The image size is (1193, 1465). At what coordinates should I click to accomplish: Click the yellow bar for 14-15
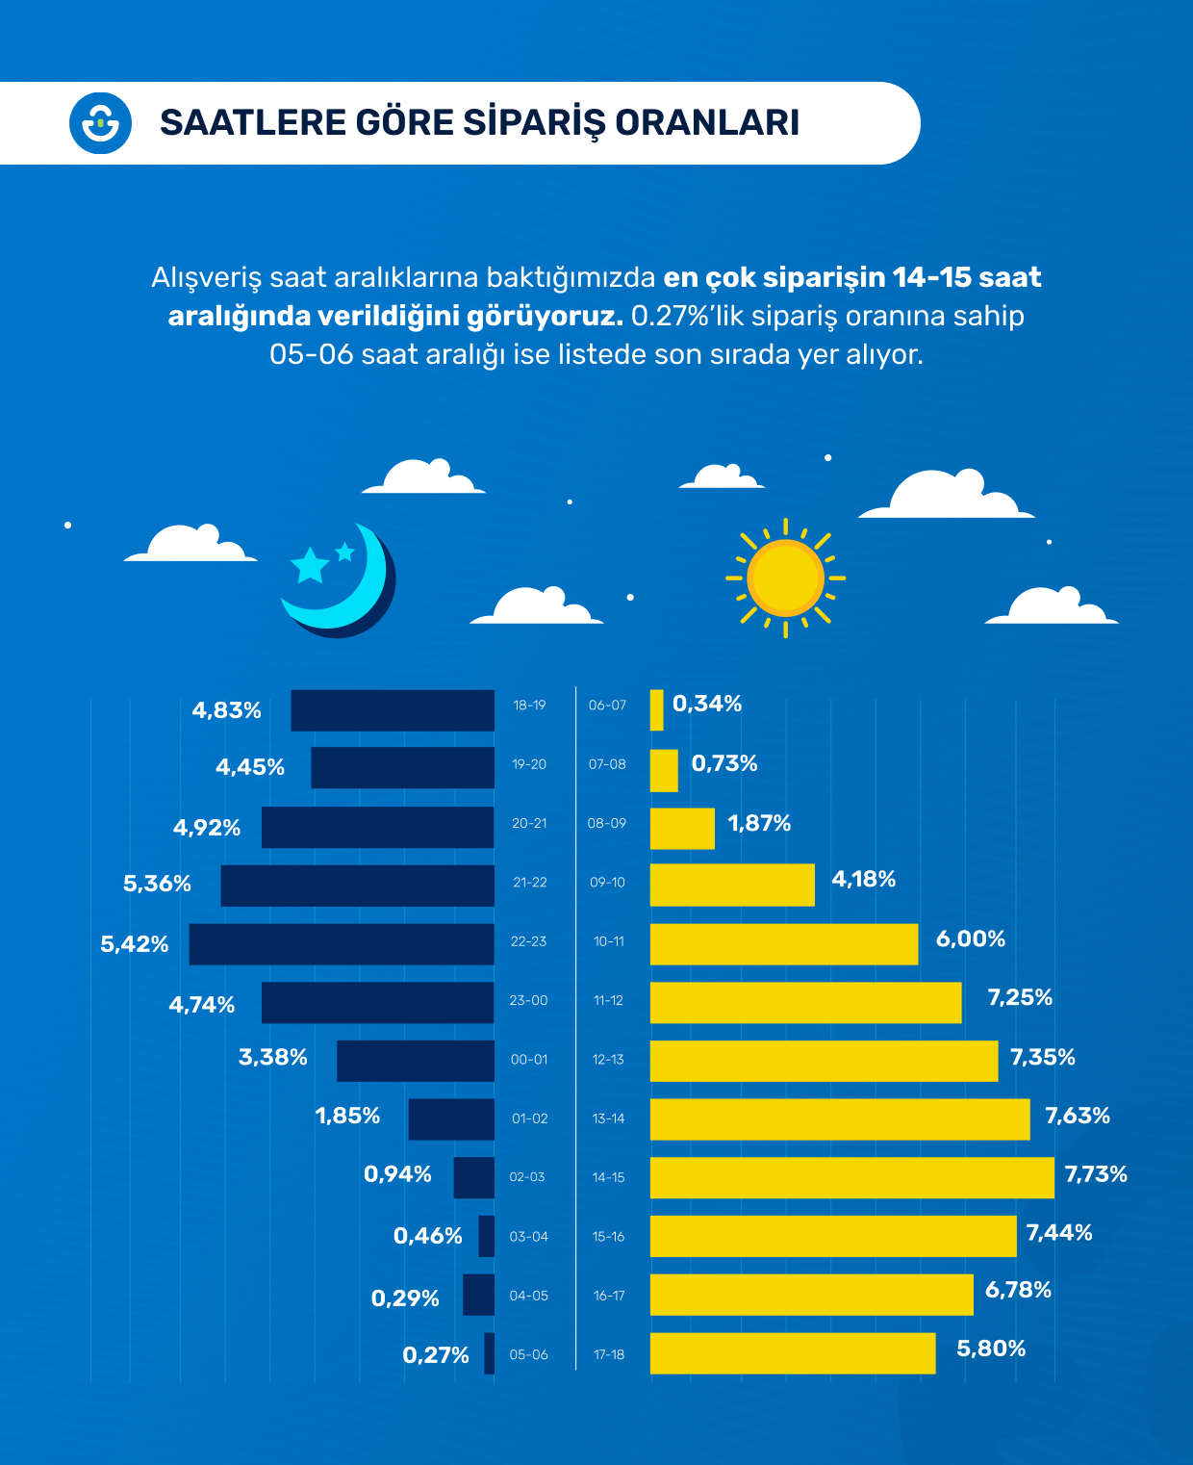pyautogui.click(x=851, y=1177)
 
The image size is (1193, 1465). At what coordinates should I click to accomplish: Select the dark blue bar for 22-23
pyautogui.click(x=342, y=944)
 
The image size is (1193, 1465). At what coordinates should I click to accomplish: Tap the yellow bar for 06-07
pyautogui.click(x=656, y=710)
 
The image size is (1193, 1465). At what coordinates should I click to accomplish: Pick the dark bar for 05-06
pyautogui.click(x=490, y=1353)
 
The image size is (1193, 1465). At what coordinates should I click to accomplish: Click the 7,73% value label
pyautogui.click(x=1096, y=1174)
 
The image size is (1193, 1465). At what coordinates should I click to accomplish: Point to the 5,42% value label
pyautogui.click(x=135, y=944)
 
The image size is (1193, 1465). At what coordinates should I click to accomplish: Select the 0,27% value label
pyautogui.click(x=436, y=1355)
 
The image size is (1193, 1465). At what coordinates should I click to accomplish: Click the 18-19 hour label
pyautogui.click(x=529, y=706)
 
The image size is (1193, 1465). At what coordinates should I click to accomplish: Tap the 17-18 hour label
pyautogui.click(x=609, y=1354)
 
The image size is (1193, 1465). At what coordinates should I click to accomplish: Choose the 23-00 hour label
pyautogui.click(x=528, y=1001)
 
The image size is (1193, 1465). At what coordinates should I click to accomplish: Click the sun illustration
pyautogui.click(x=785, y=578)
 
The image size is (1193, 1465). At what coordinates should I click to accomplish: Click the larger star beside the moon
pyautogui.click(x=310, y=566)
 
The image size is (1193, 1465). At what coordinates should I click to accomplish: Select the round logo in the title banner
pyautogui.click(x=100, y=123)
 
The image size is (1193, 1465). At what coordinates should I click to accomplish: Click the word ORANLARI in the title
pyautogui.click(x=707, y=123)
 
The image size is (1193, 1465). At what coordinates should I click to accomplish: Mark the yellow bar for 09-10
pyautogui.click(x=732, y=885)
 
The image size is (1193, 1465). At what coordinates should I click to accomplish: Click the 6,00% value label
pyautogui.click(x=970, y=939)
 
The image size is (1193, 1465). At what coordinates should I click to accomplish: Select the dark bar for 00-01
pyautogui.click(x=416, y=1061)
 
